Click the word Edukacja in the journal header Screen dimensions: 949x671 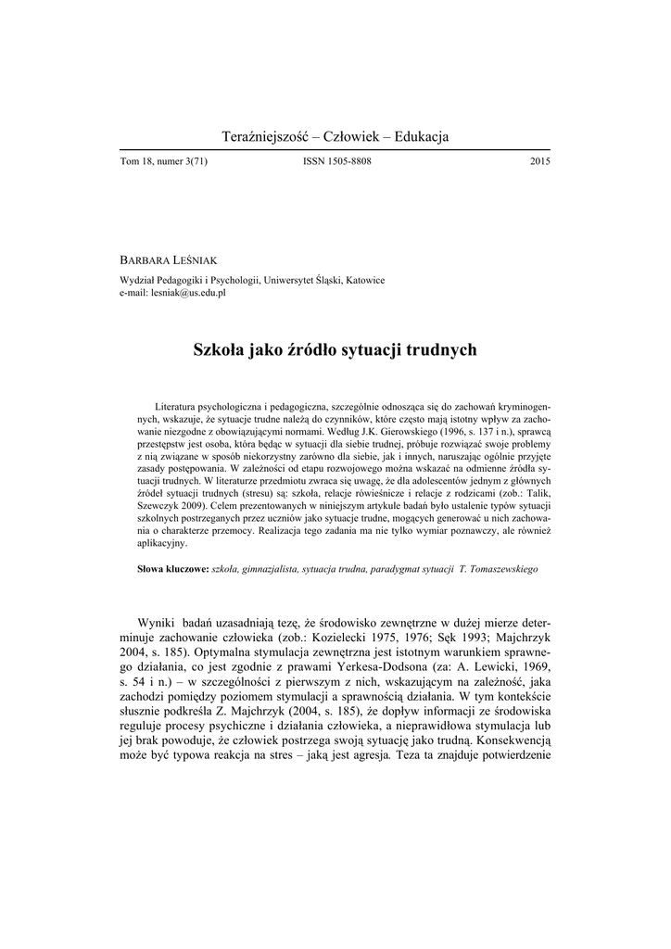click(421, 137)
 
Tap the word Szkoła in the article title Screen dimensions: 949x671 click(218, 350)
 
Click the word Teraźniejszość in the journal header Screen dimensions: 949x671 click(264, 137)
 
